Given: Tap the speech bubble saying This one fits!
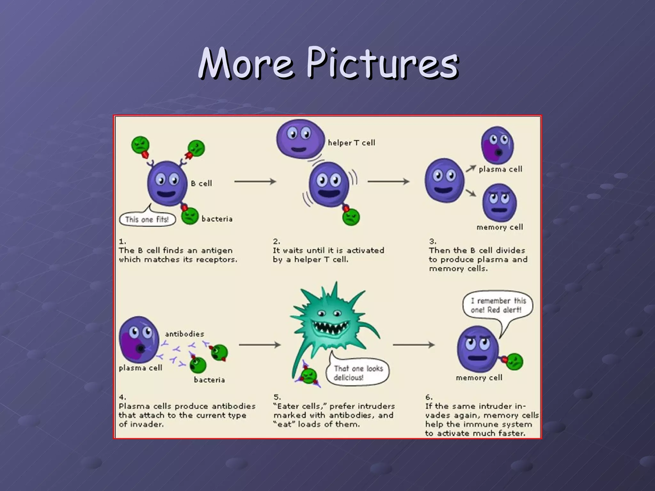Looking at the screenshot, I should tap(147, 220).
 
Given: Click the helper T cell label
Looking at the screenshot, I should tap(351, 143).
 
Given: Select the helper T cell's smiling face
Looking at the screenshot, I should tap(300, 138).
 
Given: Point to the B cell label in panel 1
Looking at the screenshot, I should tap(201, 183).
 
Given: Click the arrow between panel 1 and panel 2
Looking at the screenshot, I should tap(255, 182).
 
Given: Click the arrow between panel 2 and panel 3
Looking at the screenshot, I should tap(388, 182).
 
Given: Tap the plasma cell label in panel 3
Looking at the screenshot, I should tap(500, 169).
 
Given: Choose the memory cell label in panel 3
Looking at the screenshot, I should tap(500, 227).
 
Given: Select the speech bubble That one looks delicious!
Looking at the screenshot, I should tap(358, 373).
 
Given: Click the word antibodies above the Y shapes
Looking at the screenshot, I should tap(184, 334).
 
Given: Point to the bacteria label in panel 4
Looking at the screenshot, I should tap(209, 380).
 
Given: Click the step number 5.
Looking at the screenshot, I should tap(277, 397).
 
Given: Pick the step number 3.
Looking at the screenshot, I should tap(433, 241).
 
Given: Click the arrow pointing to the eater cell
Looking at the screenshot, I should tap(259, 345).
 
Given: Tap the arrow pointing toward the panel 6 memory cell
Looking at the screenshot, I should tap(413, 345).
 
